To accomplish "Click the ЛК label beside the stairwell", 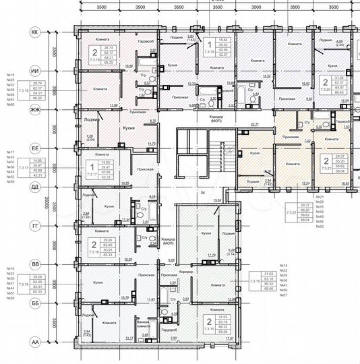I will coord(202,192).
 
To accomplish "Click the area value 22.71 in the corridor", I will coord(254,124).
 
